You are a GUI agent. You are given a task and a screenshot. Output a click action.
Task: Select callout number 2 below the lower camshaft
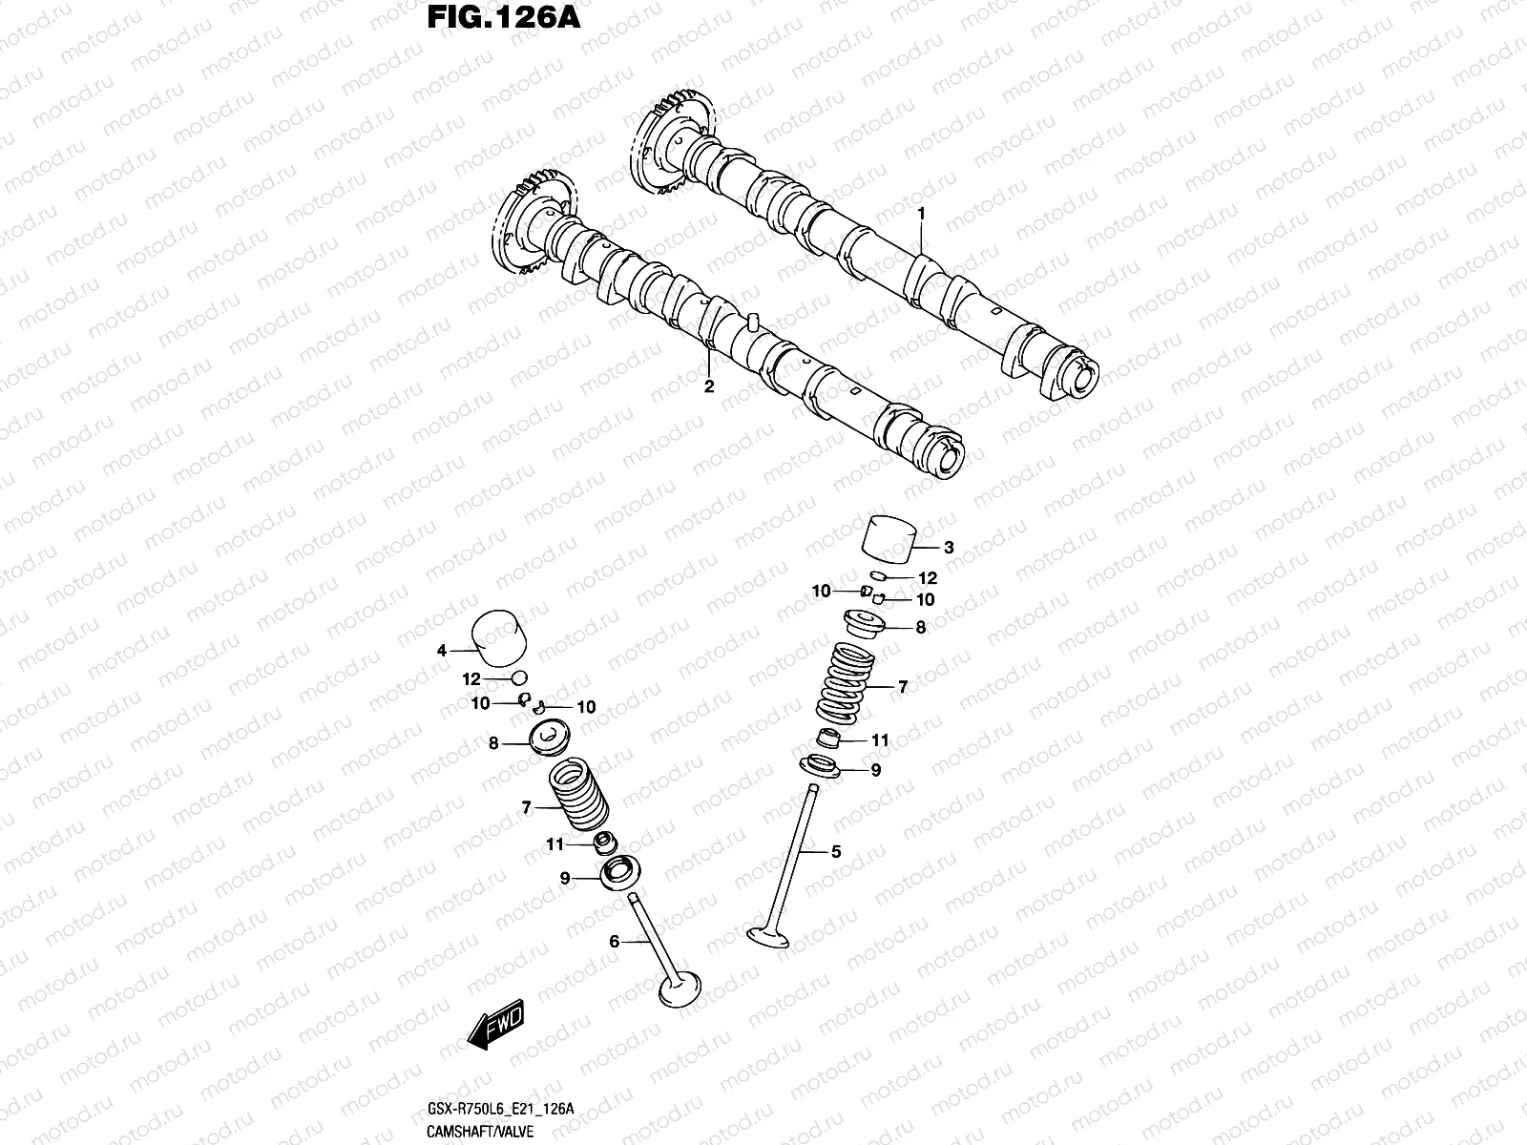[708, 386]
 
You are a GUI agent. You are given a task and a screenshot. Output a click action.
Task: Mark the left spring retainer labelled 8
[549, 740]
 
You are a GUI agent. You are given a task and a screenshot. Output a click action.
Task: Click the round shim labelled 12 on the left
[519, 678]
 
